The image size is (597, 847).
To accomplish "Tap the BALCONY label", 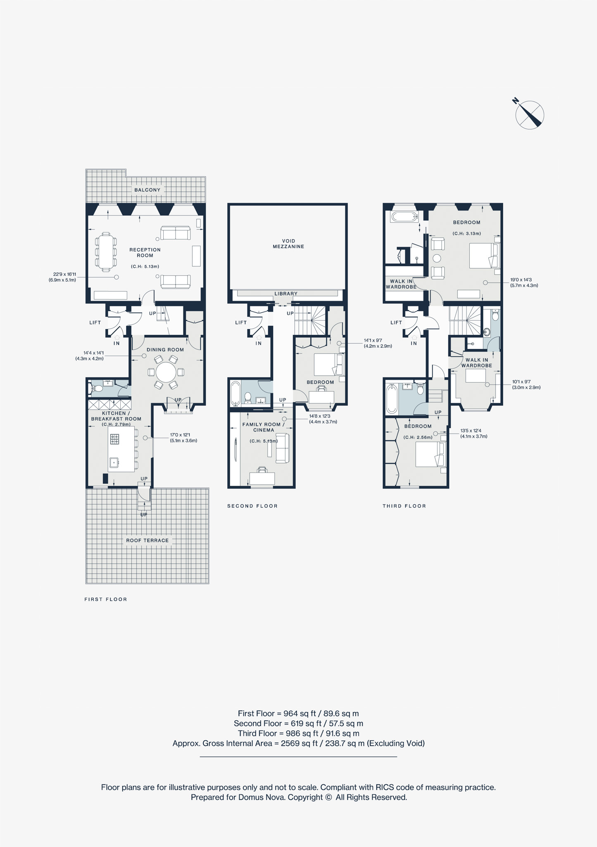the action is click(147, 190).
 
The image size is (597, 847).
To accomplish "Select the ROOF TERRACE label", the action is click(147, 540).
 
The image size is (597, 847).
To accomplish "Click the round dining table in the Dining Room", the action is click(166, 372).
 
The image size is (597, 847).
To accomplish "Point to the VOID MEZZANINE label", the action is click(288, 244).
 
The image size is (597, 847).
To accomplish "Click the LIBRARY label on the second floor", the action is click(286, 294).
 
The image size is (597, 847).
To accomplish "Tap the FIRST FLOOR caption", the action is click(106, 599).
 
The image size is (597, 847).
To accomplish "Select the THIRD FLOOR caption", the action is click(404, 506).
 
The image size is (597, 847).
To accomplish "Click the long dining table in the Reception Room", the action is click(106, 252).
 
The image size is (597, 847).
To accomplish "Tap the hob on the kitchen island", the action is click(114, 439).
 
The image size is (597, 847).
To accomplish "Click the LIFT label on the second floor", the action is click(241, 323).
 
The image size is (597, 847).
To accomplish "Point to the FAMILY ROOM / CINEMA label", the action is click(264, 427).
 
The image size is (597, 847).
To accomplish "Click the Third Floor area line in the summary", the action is click(298, 733).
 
